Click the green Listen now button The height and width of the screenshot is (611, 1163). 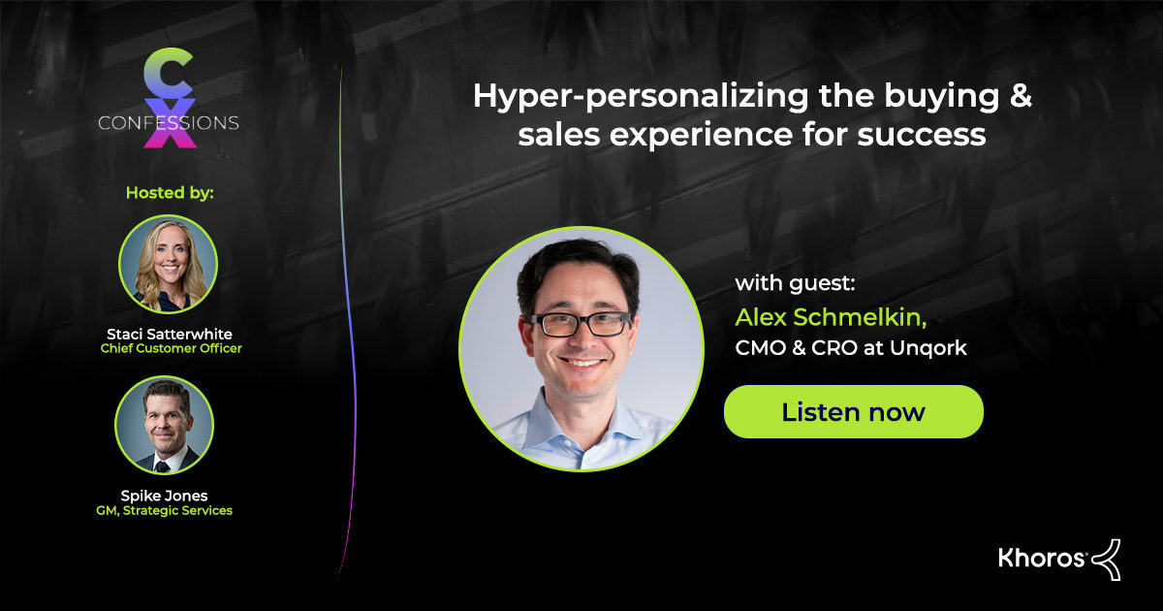coord(853,411)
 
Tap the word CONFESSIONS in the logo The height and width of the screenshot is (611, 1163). coord(169,123)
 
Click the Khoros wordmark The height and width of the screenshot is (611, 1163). coord(1041,558)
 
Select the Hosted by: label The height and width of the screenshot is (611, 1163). coord(170,192)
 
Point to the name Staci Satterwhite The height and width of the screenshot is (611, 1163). coord(169,333)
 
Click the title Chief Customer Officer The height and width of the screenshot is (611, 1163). coord(171,348)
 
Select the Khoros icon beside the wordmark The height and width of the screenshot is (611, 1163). coord(1107,559)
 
